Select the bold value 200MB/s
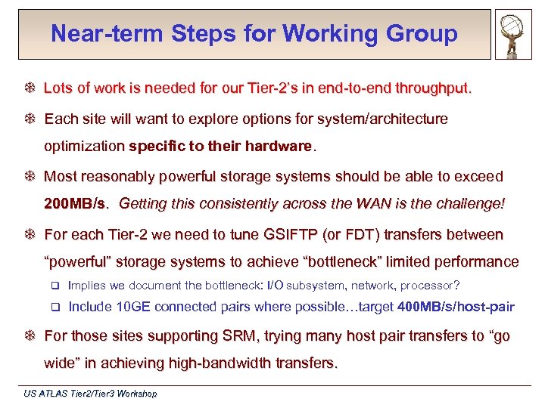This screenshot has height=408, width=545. (76, 204)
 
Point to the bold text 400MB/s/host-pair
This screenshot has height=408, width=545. (456, 307)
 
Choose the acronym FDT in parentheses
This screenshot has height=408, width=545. (360, 234)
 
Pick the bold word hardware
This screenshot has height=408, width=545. (274, 145)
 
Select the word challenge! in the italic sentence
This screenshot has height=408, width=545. (467, 204)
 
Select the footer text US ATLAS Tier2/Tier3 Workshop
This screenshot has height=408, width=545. (90, 394)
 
